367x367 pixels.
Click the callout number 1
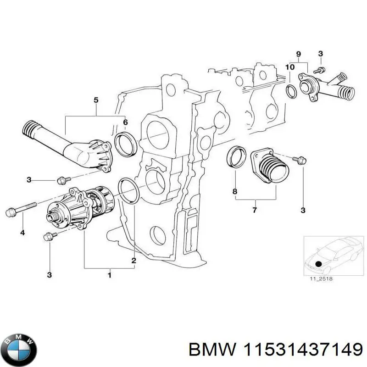click(109, 275)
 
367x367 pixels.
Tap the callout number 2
click(134, 261)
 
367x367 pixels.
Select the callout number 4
click(22, 234)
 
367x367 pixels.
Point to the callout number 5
click(96, 100)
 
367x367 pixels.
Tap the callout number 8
click(235, 191)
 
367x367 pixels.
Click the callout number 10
click(289, 67)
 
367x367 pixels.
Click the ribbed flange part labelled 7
click(271, 167)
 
